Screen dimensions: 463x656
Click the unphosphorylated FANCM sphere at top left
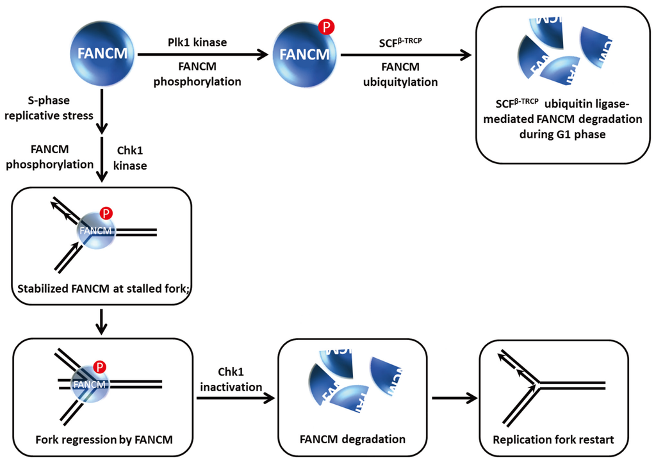(102, 54)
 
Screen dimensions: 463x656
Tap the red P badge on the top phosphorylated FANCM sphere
(326, 28)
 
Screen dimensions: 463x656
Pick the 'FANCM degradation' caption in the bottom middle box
(352, 439)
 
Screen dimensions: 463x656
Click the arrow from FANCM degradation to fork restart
(454, 398)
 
